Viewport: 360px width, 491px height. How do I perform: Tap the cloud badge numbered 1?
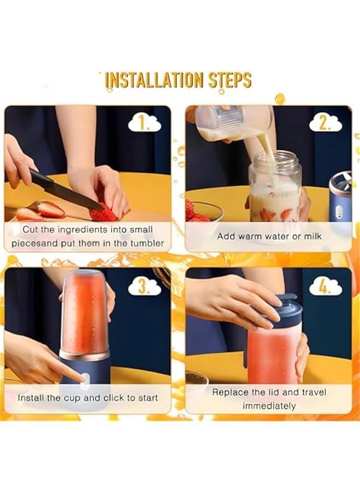tap(145, 123)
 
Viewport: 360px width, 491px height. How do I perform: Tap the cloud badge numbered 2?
tap(326, 123)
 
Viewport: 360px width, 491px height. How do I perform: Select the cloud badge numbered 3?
tap(145, 286)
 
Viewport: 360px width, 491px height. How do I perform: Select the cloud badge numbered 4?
tap(326, 286)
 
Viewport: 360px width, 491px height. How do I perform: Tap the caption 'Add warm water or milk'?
tap(269, 236)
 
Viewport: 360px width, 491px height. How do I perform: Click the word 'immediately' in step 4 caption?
tap(269, 406)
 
